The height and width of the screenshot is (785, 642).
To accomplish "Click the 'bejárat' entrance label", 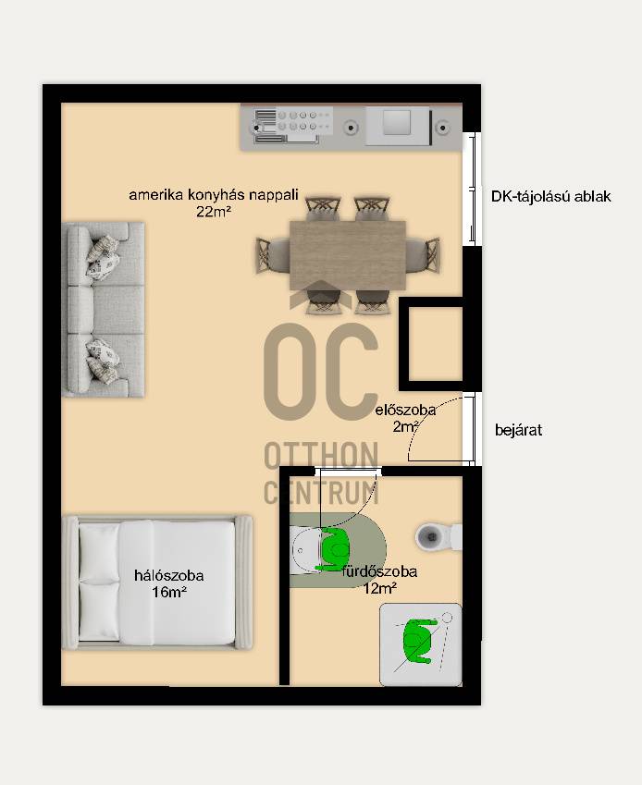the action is point(518,431).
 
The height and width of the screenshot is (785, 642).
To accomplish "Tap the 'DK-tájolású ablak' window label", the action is point(550,196).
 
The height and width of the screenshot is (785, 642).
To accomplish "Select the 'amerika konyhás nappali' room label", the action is point(214,194).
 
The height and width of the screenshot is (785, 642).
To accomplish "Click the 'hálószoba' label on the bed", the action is point(168,576).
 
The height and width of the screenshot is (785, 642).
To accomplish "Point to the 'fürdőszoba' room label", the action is point(379,571).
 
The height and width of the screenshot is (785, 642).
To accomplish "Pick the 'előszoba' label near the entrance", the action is point(405,410).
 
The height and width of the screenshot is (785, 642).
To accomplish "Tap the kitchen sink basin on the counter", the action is point(397,123).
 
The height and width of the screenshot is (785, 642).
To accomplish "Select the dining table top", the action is point(348,255).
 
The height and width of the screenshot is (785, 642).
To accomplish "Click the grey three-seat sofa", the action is point(104,310).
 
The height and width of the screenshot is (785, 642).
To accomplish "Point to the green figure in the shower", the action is point(417,641).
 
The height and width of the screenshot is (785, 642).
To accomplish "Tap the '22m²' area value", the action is point(214,212).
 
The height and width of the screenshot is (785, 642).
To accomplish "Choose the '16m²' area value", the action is point(169,593).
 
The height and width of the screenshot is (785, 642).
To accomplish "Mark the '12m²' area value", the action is point(379,588).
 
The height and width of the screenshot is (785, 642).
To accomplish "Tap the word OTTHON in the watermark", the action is point(321,455).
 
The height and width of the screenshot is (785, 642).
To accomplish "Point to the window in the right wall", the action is point(472,189).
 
